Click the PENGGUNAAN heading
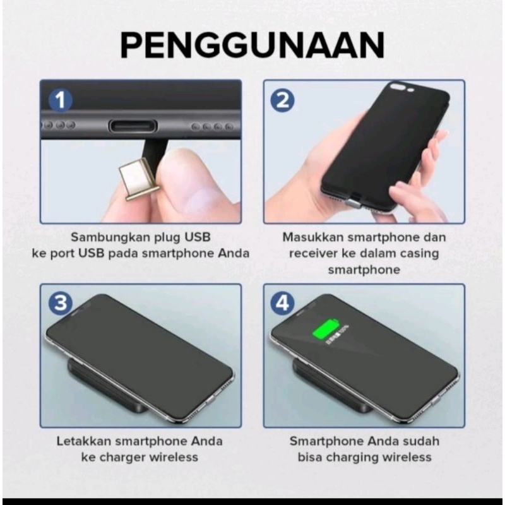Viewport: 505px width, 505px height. tap(252, 45)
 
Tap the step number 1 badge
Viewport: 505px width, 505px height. tap(61, 100)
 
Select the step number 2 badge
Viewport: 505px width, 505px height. tap(283, 100)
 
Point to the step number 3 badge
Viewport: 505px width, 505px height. tap(61, 303)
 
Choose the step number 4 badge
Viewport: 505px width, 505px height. tap(283, 303)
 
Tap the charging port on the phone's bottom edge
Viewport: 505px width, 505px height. tap(133, 126)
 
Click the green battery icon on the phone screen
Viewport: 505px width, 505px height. tap(326, 329)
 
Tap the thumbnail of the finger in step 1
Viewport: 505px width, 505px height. tap(199, 198)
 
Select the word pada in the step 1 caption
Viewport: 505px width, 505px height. tap(122, 254)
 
